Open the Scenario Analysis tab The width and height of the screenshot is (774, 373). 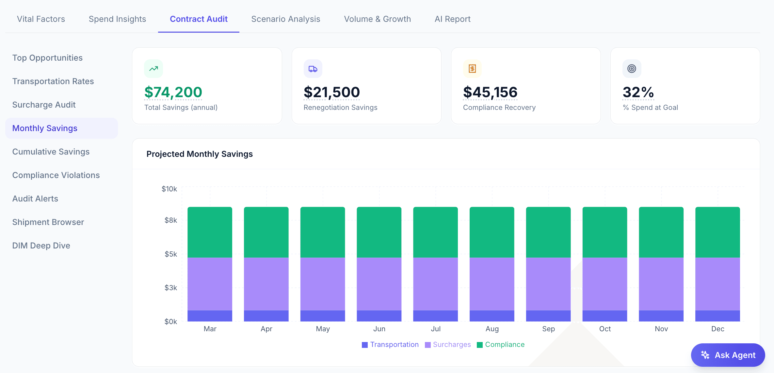point(285,19)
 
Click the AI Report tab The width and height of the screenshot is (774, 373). point(452,19)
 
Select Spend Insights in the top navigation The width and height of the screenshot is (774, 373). point(117,19)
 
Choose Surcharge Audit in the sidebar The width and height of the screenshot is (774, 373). point(44,105)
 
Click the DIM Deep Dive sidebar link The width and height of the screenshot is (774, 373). point(41,246)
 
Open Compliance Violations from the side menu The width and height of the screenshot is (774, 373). point(56,175)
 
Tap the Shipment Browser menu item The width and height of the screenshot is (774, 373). point(48,222)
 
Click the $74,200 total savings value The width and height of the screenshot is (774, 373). point(173,92)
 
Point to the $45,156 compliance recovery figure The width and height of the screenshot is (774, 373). point(490,92)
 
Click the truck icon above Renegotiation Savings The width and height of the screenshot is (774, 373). point(313,69)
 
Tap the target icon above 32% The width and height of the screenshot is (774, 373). point(632,69)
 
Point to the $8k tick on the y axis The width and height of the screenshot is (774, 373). point(170,220)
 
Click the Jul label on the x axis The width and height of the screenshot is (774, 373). point(435,329)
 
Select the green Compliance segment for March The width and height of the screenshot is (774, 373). point(210,232)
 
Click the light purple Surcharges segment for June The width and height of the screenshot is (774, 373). point(379,284)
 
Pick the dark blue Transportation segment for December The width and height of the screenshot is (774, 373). point(718,316)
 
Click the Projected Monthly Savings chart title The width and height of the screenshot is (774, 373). point(200,154)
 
